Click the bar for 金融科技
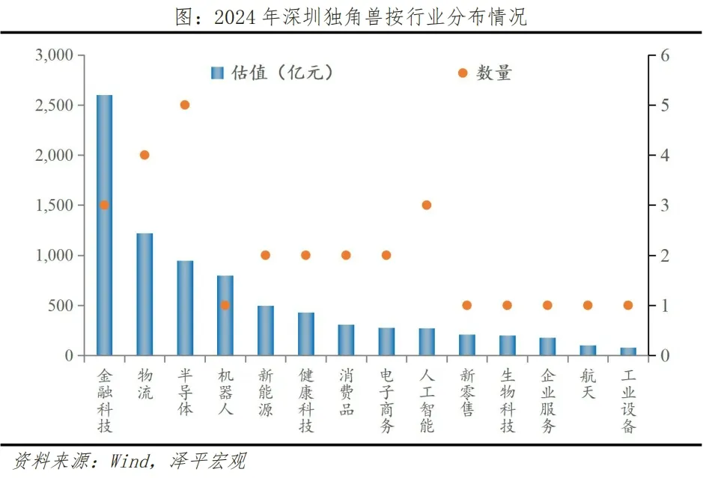[104, 224]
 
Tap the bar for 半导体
[185, 307]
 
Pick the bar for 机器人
[225, 315]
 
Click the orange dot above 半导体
[185, 105]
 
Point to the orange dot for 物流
[144, 155]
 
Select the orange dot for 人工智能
[427, 205]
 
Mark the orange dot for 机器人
[225, 305]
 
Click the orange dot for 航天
[588, 305]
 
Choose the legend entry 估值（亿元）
[273, 73]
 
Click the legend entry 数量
[486, 73]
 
